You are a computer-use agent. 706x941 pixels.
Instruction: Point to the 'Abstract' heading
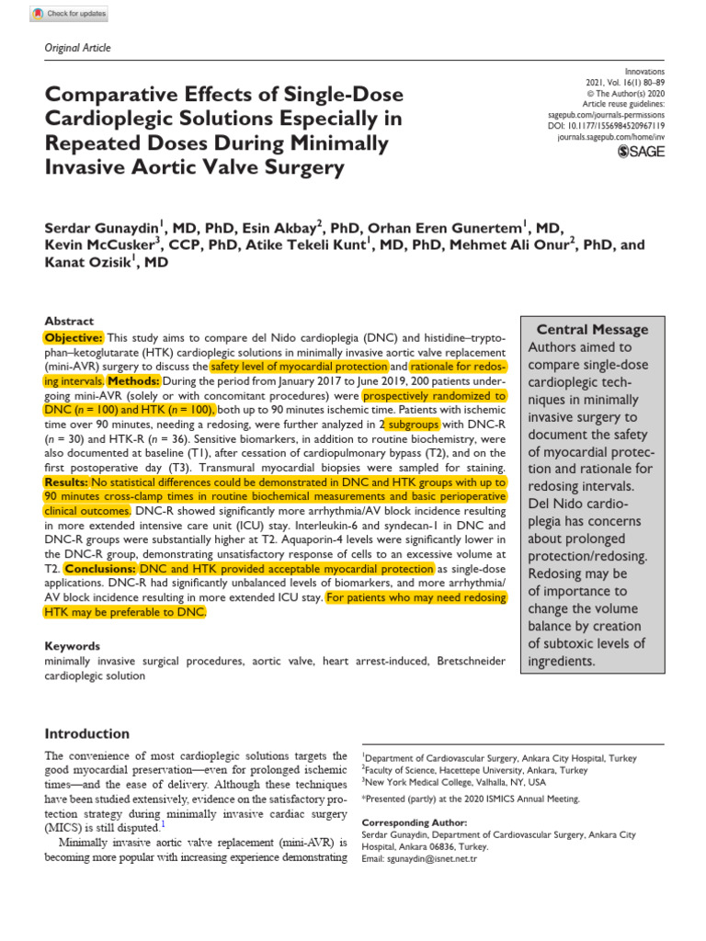tap(69, 321)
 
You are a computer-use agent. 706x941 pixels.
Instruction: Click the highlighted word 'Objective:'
tap(74, 337)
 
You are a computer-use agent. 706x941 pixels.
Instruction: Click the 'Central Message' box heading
tap(605, 329)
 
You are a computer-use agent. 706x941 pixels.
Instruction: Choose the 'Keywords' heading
tap(73, 646)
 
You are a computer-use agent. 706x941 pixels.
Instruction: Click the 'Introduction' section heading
tap(87, 733)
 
